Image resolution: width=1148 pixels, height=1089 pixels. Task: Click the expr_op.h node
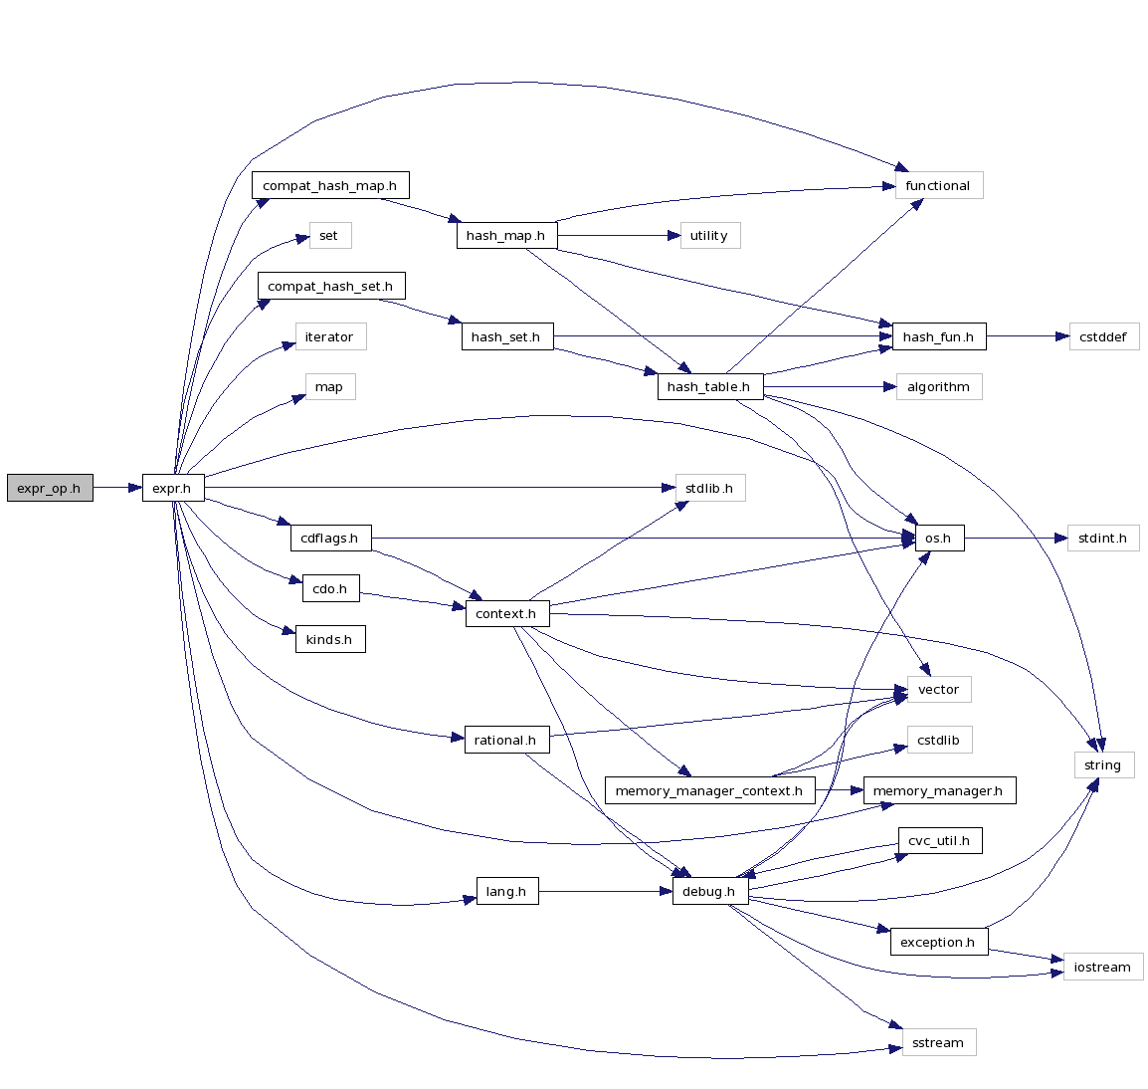coord(50,488)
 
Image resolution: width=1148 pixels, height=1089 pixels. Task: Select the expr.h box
coord(173,488)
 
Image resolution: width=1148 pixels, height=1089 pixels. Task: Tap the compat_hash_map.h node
coord(329,186)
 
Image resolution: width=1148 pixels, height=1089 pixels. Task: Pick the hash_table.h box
coord(709,387)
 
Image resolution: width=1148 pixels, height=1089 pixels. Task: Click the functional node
coord(938,186)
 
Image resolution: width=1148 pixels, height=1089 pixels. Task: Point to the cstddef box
coord(1103,336)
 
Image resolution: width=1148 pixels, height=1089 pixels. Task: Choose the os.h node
coord(938,539)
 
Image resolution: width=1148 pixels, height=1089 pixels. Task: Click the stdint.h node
coord(1102,539)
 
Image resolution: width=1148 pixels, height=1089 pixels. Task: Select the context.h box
coord(506,613)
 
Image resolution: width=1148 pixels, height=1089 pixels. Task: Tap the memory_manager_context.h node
coord(709,790)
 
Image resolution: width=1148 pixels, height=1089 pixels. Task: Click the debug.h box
coord(709,891)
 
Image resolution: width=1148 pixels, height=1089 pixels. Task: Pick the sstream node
coord(938,1042)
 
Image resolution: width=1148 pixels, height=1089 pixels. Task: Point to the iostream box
coord(1102,967)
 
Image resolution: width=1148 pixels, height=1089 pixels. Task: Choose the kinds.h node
coord(329,639)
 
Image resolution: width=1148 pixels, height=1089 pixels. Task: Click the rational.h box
coord(506,740)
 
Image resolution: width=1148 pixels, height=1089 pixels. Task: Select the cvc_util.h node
coord(939,840)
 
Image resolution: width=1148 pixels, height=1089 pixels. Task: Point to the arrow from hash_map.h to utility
coord(618,236)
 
